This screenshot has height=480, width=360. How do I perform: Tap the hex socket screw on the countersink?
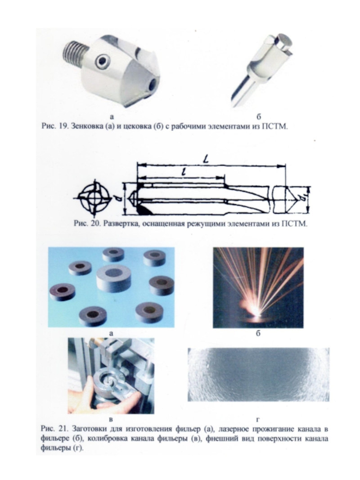tap(103, 62)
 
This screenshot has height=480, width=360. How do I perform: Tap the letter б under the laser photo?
tap(258, 333)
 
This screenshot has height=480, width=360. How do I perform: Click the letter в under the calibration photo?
tap(111, 419)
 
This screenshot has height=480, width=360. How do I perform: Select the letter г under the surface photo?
tap(258, 419)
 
